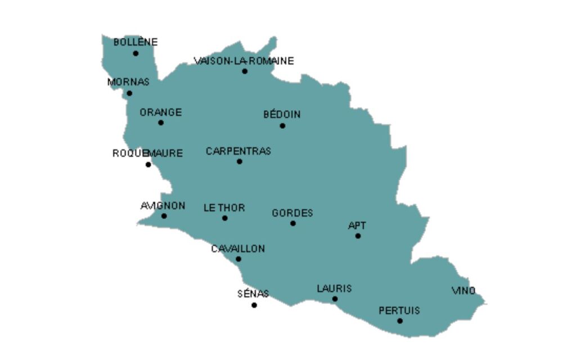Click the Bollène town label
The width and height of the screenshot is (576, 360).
(x=136, y=42)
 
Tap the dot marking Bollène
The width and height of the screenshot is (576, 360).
(x=136, y=53)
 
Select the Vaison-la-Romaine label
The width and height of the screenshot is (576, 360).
(x=244, y=61)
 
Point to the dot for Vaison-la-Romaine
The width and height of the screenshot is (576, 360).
(x=245, y=71)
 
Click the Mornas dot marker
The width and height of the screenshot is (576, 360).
(x=129, y=93)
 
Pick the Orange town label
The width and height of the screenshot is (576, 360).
(x=161, y=112)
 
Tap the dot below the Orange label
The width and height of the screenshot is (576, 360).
(x=161, y=123)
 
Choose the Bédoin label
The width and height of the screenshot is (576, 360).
(x=282, y=115)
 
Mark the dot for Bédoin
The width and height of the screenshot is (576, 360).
(x=282, y=126)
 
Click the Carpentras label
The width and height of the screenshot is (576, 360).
(x=238, y=151)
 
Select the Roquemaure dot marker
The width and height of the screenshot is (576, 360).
(x=148, y=165)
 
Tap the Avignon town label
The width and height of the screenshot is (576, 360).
(x=163, y=206)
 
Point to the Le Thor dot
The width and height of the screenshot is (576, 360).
(x=225, y=218)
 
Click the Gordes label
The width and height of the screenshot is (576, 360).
(x=292, y=213)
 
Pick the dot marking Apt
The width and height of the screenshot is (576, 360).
(x=358, y=236)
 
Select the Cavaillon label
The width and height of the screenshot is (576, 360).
(x=238, y=249)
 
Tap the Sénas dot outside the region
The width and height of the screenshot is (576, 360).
(x=254, y=305)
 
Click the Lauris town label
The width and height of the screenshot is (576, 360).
(x=334, y=289)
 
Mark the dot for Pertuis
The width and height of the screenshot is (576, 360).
(x=400, y=321)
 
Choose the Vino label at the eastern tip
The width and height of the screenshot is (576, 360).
(x=463, y=291)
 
